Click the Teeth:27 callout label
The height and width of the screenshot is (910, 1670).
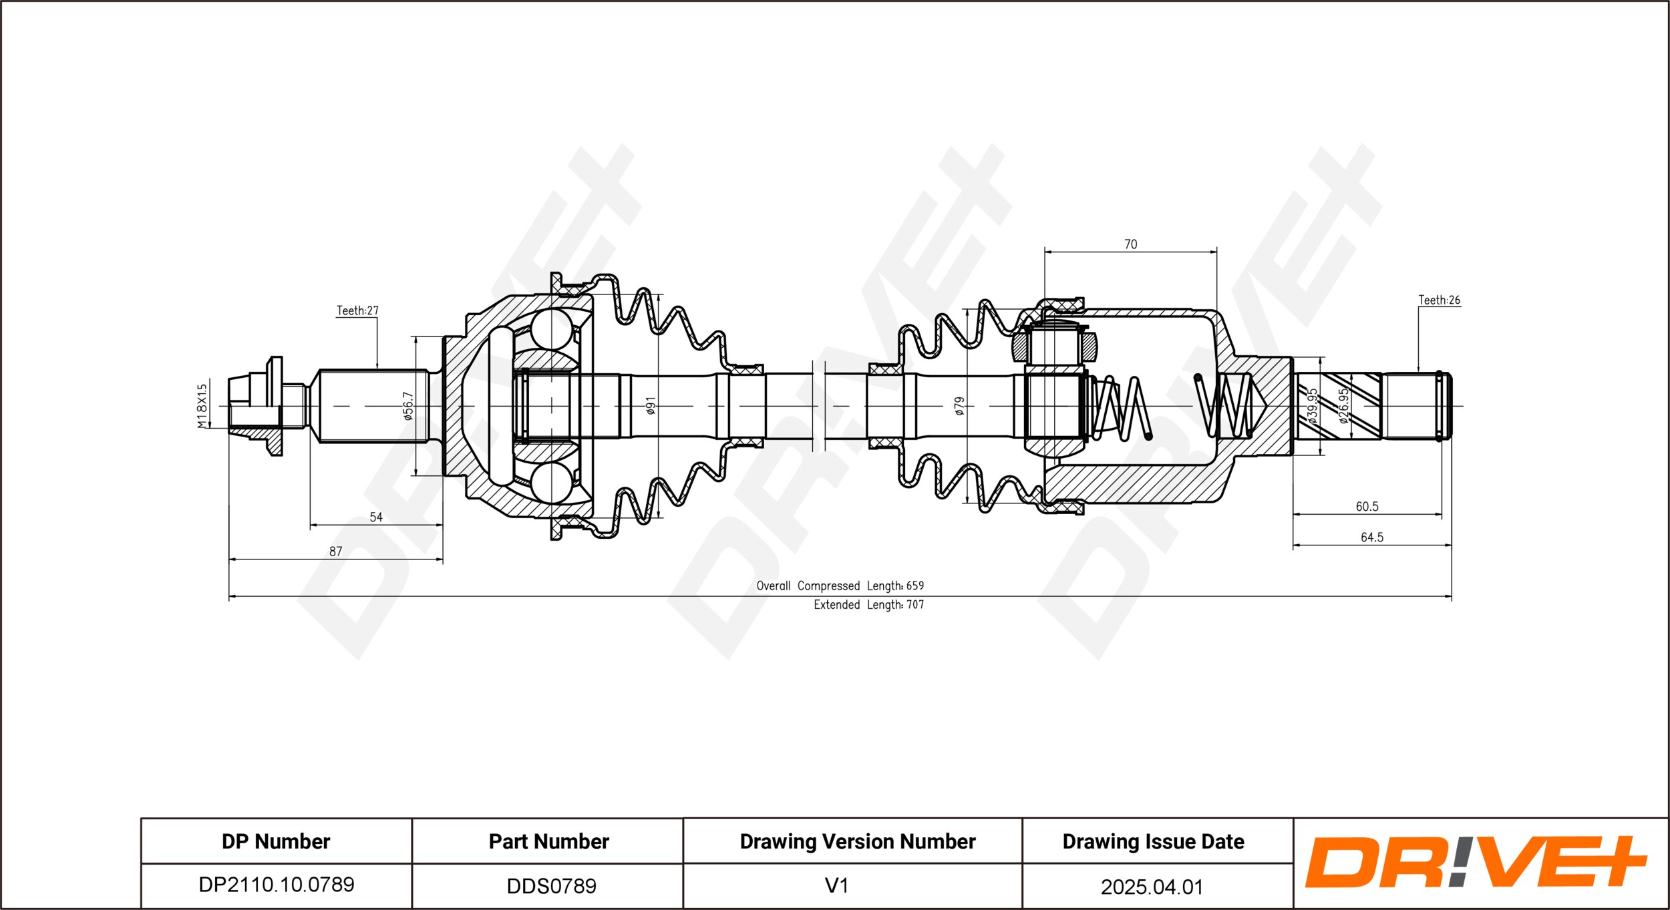coord(357,310)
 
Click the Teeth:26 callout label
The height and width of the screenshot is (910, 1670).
coord(1440,300)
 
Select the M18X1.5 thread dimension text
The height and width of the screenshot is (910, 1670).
coord(202,405)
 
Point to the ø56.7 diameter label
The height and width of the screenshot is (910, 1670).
coord(408,406)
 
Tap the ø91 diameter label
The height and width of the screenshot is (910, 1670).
coord(651,405)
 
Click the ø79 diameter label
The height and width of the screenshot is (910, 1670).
coord(959,406)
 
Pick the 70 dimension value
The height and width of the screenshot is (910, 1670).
coord(1130,244)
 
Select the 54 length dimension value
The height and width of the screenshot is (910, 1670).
coord(376,517)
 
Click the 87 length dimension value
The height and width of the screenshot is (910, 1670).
coord(335,551)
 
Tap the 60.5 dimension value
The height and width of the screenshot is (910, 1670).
coord(1367,507)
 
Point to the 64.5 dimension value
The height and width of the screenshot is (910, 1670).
coord(1372,537)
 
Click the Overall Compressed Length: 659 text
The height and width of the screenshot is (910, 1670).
coord(840,586)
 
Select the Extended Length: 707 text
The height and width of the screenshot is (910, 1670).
coord(868,605)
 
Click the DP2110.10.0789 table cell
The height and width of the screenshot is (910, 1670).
coord(277,885)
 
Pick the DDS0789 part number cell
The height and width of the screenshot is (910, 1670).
coord(551,886)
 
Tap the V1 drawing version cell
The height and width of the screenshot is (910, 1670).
coord(836,886)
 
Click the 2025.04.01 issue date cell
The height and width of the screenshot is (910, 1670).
coord(1152,887)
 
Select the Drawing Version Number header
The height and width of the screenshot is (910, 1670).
coord(858,841)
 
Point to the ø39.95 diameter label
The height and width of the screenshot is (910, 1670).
coord(1313,406)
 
